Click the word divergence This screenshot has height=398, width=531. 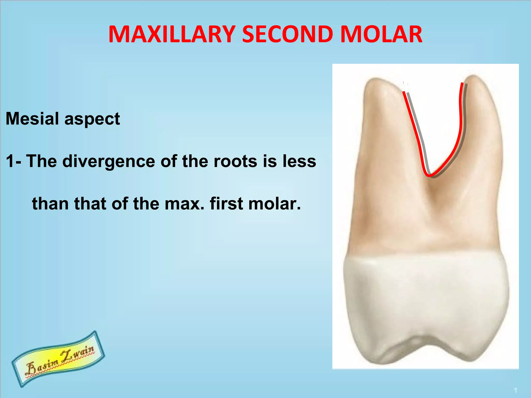point(109,161)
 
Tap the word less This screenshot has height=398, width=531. point(299,161)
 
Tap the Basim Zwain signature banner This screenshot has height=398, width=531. point(59,359)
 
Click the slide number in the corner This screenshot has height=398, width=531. point(515,390)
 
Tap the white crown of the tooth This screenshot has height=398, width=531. point(425,298)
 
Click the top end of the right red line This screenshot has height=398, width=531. point(462,83)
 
